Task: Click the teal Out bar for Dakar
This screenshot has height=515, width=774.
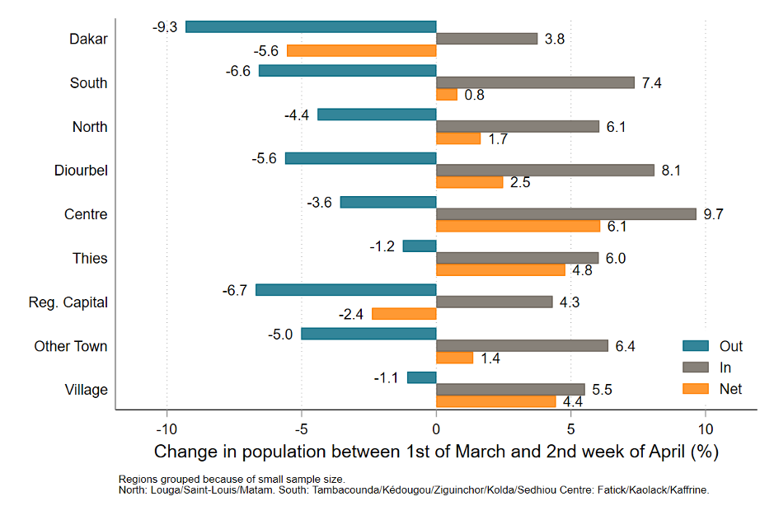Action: (311, 26)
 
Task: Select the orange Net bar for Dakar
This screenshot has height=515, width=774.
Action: (361, 50)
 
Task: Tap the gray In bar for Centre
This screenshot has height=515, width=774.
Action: (565, 213)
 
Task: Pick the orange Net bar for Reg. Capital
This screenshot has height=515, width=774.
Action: (404, 313)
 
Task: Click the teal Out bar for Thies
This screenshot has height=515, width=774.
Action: (420, 246)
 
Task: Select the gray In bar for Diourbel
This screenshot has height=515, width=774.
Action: (545, 170)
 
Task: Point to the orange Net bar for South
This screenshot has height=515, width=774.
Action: (446, 94)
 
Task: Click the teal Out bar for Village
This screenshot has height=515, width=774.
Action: (421, 377)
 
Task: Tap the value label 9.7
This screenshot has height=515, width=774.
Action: (714, 214)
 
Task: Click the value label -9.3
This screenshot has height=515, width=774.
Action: (165, 26)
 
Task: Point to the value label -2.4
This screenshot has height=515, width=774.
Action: (351, 314)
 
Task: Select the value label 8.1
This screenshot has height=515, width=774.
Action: (672, 171)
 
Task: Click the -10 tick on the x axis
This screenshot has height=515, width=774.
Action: (167, 429)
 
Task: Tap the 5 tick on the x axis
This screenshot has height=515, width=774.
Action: (570, 429)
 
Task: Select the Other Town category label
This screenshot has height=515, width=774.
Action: (71, 346)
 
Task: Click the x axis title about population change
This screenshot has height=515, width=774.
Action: (436, 452)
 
